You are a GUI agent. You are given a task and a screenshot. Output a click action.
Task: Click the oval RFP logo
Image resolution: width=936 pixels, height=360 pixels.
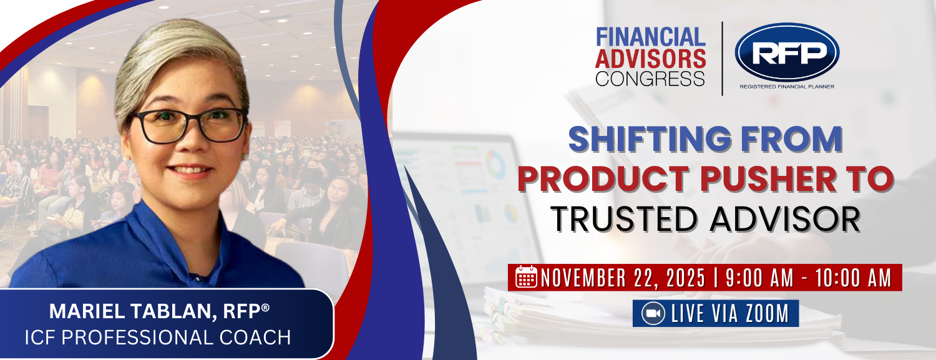[x=787, y=52]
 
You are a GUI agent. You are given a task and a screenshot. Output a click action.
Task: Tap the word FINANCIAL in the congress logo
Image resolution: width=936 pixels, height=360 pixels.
[x=651, y=37]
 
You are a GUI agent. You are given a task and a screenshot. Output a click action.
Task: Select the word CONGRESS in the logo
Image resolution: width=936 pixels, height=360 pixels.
[x=650, y=79]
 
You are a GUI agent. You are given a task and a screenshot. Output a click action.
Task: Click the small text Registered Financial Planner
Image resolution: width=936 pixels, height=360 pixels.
[x=787, y=87]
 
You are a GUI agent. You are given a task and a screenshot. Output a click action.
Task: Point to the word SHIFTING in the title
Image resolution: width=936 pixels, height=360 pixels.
[x=650, y=140]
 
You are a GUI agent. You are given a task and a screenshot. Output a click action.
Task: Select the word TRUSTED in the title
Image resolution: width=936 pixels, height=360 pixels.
[x=625, y=218]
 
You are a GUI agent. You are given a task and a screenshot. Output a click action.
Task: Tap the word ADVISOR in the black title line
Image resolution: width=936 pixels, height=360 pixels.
[x=785, y=218]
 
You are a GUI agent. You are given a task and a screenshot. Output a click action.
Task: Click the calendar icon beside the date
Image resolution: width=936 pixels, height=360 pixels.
[x=526, y=276]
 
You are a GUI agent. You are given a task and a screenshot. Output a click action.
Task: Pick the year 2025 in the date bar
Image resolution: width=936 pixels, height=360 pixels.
[x=686, y=278]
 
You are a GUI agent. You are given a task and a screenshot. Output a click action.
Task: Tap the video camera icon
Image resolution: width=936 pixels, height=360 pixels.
[x=653, y=313]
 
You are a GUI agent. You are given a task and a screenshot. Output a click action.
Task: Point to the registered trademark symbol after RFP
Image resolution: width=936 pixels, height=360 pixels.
[x=265, y=308]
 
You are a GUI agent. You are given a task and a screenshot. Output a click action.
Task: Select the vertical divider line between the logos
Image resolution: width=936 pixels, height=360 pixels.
[x=723, y=59]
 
